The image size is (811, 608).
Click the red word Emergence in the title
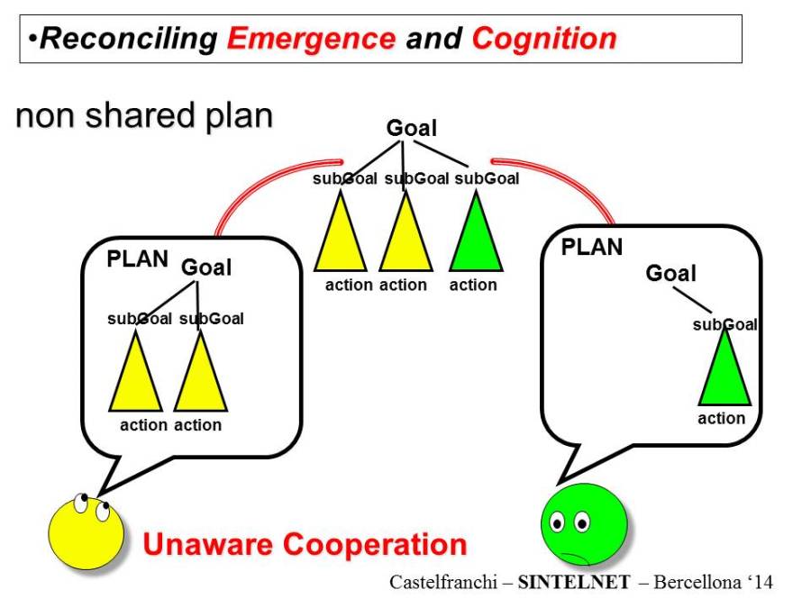(311, 39)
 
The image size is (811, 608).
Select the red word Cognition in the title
(543, 39)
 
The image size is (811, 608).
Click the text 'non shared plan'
(144, 117)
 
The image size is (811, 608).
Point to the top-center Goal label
(411, 129)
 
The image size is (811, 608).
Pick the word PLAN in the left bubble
(138, 259)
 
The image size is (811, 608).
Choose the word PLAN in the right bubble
(592, 246)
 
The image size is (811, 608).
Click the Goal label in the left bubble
(206, 268)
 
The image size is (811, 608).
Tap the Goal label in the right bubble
(670, 273)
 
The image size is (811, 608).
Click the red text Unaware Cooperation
(305, 544)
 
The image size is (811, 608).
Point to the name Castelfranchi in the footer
(445, 582)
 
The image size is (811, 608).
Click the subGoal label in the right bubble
(724, 324)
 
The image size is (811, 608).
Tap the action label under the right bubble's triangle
(722, 418)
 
